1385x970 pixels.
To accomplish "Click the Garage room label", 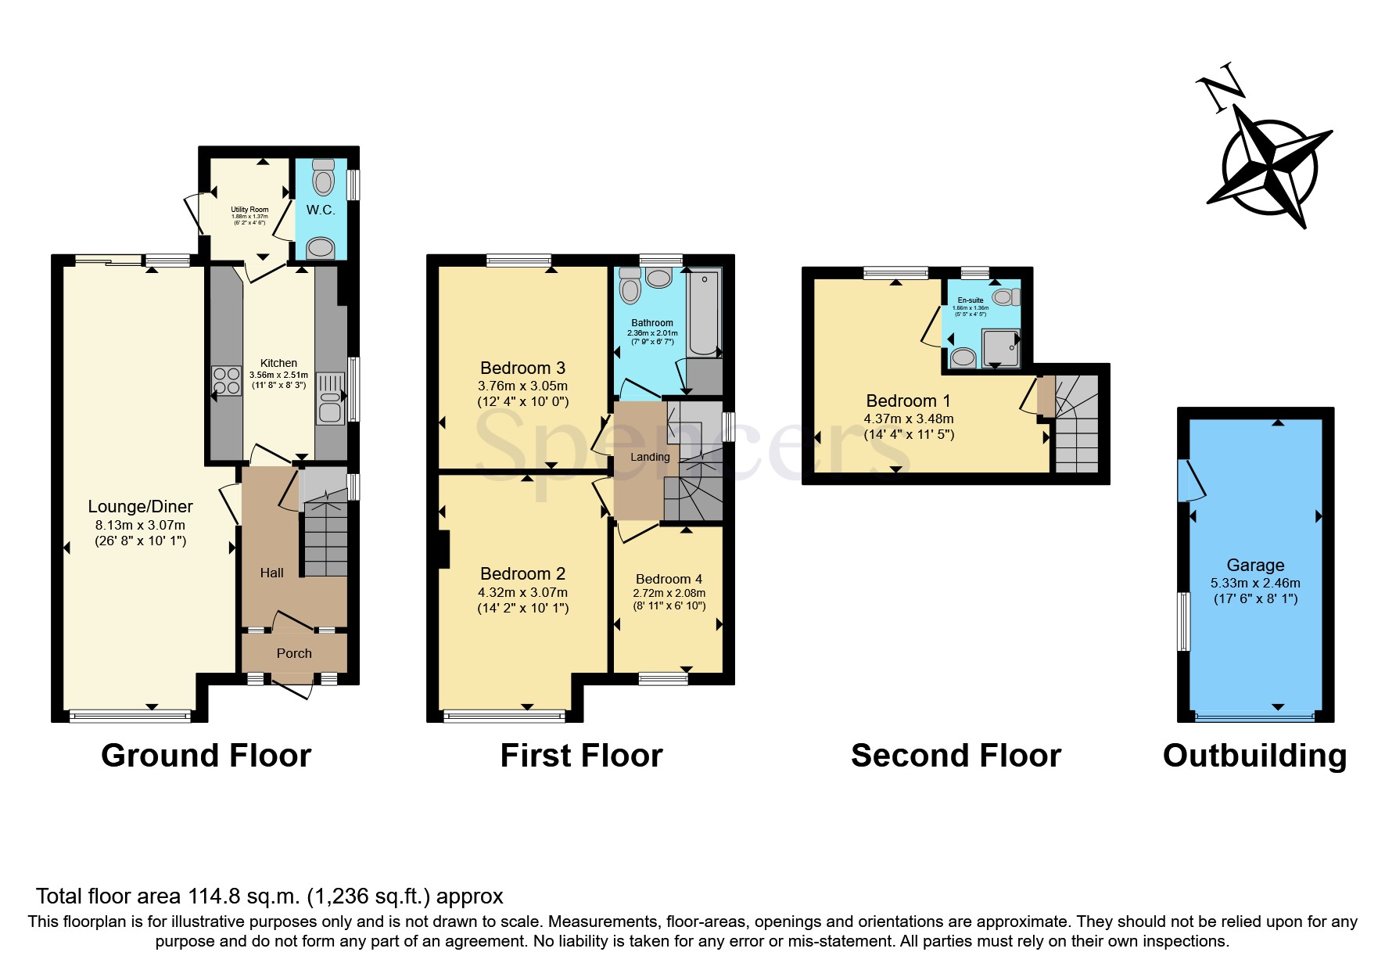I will [x=1254, y=565].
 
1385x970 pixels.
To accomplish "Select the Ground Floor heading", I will [x=206, y=756].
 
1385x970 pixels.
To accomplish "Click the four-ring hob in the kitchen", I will [x=227, y=381].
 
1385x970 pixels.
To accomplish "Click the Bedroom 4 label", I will [x=669, y=579].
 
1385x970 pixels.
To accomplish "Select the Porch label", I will [x=294, y=653].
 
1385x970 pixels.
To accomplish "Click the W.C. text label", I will [x=321, y=210].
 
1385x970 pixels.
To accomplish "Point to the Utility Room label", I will [x=249, y=210].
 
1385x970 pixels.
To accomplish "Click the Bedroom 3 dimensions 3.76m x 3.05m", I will [x=522, y=386].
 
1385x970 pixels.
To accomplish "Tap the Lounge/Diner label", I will [x=140, y=507].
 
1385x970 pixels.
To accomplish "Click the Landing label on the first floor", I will [x=651, y=457].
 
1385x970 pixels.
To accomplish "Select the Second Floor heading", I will [x=956, y=756].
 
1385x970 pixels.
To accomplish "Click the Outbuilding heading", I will [x=1254, y=756].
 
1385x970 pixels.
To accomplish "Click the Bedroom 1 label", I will [x=908, y=401].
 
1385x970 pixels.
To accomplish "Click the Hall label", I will [x=271, y=573].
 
